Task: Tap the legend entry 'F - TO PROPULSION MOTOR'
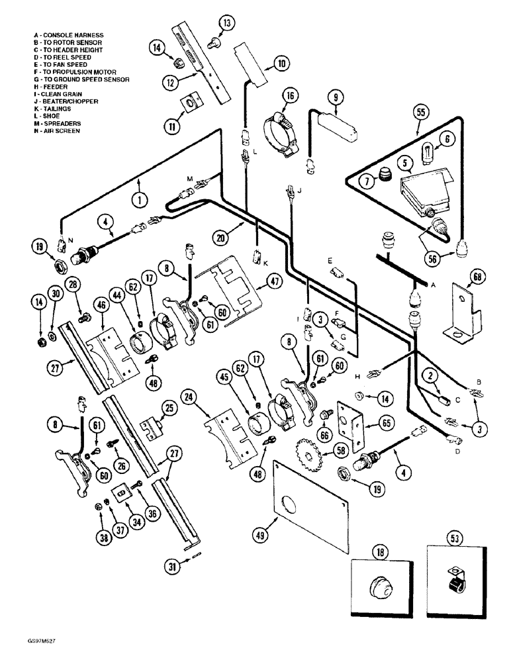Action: click(75, 71)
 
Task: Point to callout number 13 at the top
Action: click(226, 24)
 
